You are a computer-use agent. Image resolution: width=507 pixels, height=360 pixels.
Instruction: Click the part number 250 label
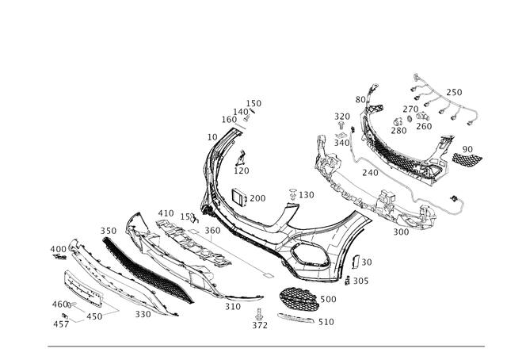pyautogui.click(x=454, y=92)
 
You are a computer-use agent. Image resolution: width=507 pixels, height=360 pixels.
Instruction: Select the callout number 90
pyautogui.click(x=467, y=149)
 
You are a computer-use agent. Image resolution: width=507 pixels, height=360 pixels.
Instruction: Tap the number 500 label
pyautogui.click(x=328, y=299)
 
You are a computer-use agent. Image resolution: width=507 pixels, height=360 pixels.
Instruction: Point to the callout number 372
pyautogui.click(x=260, y=325)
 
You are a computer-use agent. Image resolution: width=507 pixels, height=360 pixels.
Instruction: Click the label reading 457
pyautogui.click(x=61, y=324)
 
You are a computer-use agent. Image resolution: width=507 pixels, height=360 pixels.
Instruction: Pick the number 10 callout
pyautogui.click(x=212, y=137)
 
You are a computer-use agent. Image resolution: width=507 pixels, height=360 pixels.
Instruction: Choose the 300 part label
pyautogui.click(x=401, y=232)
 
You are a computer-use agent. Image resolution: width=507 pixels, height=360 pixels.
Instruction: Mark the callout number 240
pyautogui.click(x=370, y=173)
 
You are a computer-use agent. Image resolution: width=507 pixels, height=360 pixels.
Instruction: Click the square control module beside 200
pyautogui.click(x=239, y=197)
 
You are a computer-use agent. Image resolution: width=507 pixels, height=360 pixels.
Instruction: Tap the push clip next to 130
pyautogui.click(x=293, y=194)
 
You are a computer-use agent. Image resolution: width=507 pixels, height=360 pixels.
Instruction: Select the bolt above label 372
pyautogui.click(x=259, y=314)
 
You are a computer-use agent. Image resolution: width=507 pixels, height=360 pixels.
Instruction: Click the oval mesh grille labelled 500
pyautogui.click(x=299, y=299)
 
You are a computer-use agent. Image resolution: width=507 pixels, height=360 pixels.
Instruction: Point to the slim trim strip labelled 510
pyautogui.click(x=295, y=318)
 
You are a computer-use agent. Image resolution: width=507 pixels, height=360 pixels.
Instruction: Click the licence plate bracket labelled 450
pyautogui.click(x=83, y=289)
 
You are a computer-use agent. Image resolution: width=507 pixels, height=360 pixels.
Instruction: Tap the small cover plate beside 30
pyautogui.click(x=356, y=262)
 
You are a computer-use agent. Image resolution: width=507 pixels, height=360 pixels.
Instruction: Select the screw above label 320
pyautogui.click(x=341, y=125)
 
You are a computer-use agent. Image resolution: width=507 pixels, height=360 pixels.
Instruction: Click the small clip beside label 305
pyautogui.click(x=347, y=281)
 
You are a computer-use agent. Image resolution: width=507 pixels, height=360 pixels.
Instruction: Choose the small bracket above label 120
pyautogui.click(x=241, y=158)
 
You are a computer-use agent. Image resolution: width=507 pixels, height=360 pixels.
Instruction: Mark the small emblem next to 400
pyautogui.click(x=60, y=257)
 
